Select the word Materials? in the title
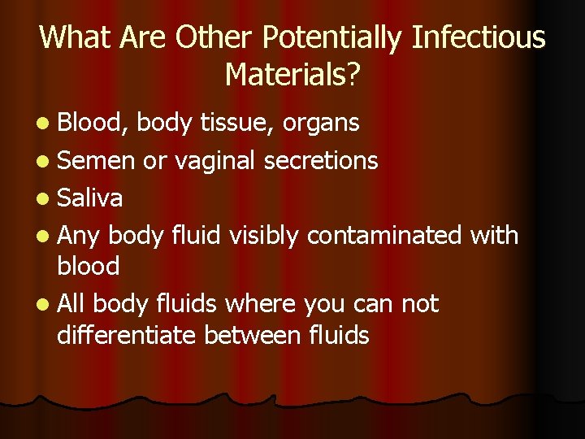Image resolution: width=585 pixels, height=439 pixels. click(x=292, y=74)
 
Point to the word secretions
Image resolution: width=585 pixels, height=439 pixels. click(x=321, y=160)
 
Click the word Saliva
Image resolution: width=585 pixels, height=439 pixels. click(x=90, y=198)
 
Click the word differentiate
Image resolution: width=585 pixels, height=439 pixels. click(x=128, y=334)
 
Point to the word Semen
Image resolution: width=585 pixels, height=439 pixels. click(x=95, y=160)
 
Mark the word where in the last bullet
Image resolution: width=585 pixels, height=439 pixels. click(x=260, y=304)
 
